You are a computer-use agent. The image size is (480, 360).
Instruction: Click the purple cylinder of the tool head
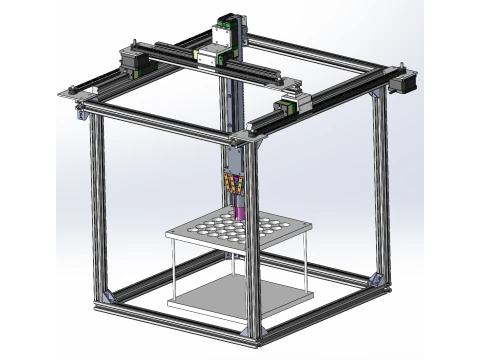(x=240, y=209)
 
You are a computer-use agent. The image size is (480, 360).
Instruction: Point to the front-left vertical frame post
(x=98, y=200)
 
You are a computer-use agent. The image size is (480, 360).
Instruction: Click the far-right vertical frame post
(x=381, y=180)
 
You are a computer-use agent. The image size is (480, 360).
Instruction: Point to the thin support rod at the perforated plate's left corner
(x=171, y=266)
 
